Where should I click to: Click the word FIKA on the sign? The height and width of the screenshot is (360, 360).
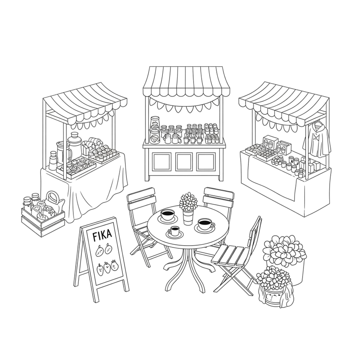tap(102, 235)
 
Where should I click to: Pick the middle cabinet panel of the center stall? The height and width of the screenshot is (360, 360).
tap(184, 162)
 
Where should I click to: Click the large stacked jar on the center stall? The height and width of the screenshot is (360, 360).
tap(155, 130)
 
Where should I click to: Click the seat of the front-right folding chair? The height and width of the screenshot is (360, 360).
tap(230, 255)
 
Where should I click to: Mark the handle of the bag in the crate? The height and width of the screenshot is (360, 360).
tap(53, 196)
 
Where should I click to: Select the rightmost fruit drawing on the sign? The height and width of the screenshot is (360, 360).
tap(114, 265)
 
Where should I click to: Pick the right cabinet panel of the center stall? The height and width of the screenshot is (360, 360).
tap(206, 162)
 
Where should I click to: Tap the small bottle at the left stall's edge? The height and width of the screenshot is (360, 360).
tap(53, 161)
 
